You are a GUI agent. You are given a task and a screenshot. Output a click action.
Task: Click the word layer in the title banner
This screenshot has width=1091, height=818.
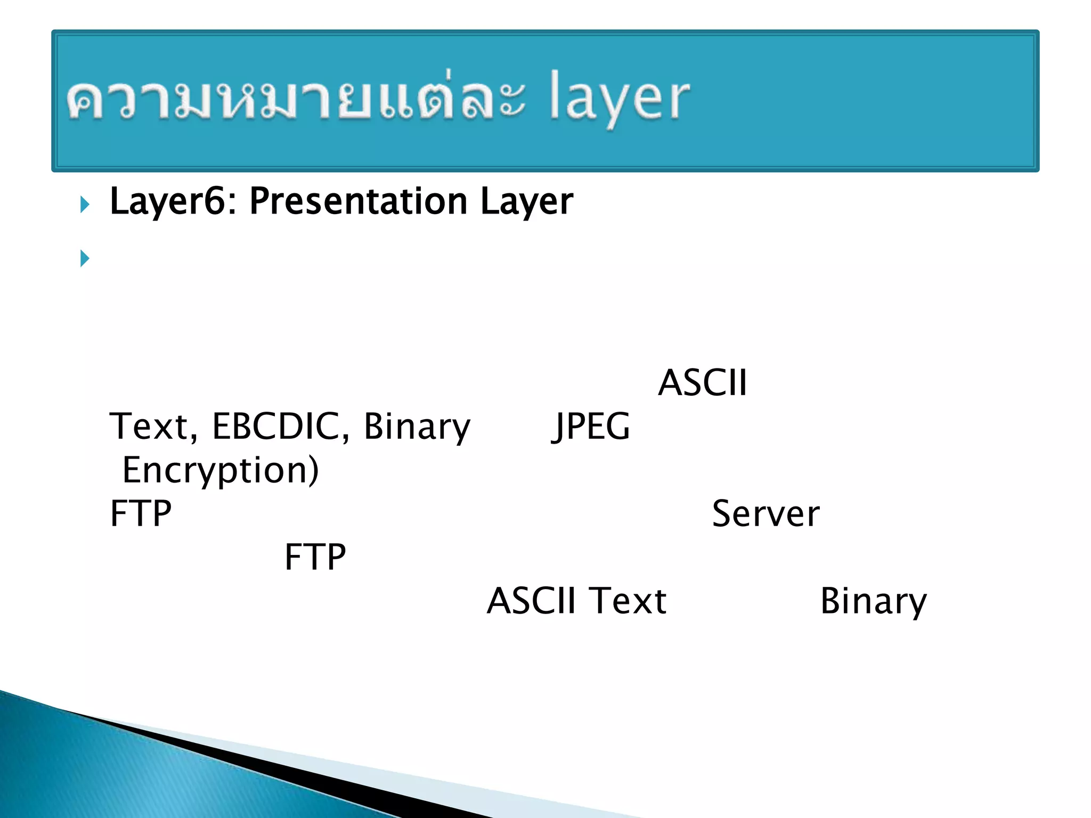(x=619, y=99)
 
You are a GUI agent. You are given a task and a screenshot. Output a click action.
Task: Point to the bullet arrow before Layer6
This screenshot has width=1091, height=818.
(x=85, y=204)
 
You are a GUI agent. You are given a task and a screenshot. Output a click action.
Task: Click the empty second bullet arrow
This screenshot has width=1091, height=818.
(x=85, y=258)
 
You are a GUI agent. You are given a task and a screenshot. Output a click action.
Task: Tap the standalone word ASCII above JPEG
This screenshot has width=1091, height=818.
(x=702, y=383)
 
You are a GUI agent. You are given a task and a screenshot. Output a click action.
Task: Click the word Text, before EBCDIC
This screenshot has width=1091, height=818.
(x=153, y=427)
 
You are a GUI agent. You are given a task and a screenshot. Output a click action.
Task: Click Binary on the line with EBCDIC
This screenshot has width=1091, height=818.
(x=417, y=428)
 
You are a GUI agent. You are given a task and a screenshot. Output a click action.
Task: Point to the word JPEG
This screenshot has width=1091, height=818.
(x=590, y=428)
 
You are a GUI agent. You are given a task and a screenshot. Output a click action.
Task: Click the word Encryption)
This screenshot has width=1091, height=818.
(x=221, y=471)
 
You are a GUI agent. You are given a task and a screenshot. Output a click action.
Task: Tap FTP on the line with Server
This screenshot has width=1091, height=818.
(x=141, y=514)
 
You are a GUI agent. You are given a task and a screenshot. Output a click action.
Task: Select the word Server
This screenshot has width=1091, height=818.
(x=766, y=514)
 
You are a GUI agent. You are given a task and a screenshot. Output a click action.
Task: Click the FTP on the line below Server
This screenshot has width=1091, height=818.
(x=315, y=558)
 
